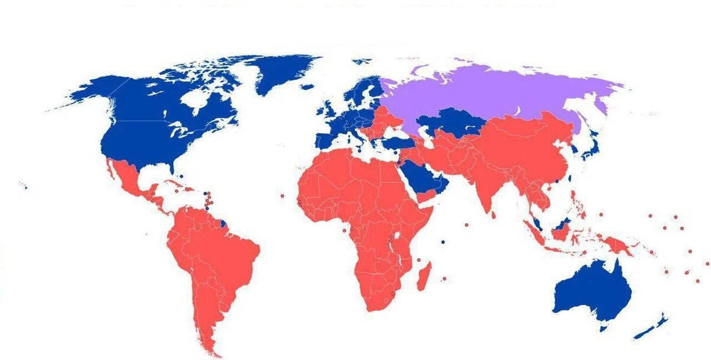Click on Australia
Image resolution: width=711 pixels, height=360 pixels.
coord(592,293)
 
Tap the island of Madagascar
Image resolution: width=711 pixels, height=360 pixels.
coord(423,277)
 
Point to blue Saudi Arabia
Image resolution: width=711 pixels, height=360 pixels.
coord(421,178)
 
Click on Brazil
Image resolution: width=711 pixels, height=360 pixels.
coord(225,249)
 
